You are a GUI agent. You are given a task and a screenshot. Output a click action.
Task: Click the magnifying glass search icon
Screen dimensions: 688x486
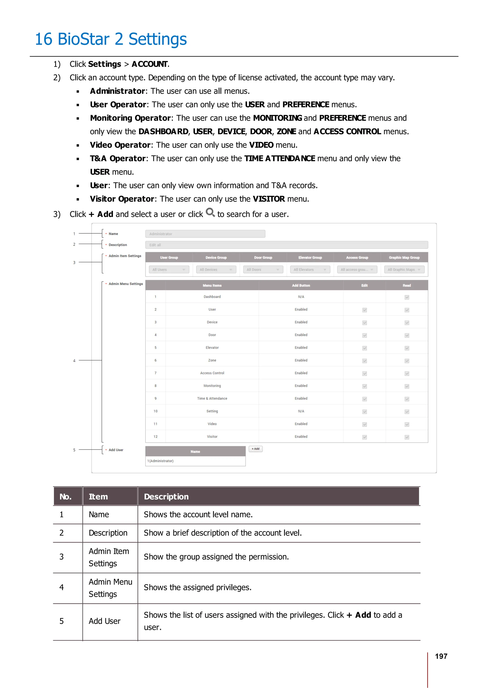click(x=210, y=212)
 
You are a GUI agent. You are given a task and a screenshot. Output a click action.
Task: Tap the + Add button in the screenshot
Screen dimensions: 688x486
click(x=255, y=449)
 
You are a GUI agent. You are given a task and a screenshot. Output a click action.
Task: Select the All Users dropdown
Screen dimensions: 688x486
click(x=169, y=269)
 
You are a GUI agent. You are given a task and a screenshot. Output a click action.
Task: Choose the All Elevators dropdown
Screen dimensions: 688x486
click(x=310, y=269)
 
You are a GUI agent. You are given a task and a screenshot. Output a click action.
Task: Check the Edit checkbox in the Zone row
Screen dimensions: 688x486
click(x=364, y=361)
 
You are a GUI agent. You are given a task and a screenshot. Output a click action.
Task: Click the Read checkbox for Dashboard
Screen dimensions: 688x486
click(x=407, y=297)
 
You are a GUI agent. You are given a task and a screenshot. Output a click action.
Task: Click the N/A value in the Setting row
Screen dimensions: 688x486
click(x=301, y=411)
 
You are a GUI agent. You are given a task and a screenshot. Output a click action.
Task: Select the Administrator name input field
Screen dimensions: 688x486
click(x=205, y=234)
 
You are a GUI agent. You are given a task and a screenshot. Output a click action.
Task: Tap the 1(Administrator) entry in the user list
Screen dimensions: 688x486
click(x=160, y=461)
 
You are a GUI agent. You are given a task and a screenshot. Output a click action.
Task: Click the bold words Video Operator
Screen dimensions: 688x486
click(x=120, y=145)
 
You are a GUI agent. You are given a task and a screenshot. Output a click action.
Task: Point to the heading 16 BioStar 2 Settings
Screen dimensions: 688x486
click(x=111, y=39)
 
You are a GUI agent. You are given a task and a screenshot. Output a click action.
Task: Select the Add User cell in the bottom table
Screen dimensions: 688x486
click(x=104, y=621)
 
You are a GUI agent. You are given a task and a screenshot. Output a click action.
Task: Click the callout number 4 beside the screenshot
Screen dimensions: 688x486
click(x=74, y=360)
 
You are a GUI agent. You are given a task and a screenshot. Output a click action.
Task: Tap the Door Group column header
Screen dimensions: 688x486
click(x=263, y=257)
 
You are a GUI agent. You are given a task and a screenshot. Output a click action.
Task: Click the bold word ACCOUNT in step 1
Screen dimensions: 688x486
click(x=150, y=64)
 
